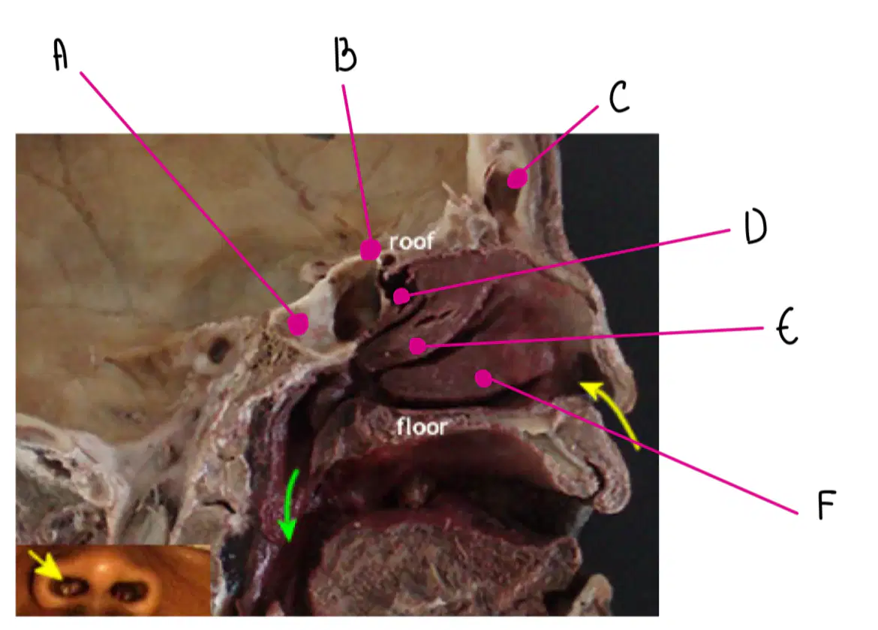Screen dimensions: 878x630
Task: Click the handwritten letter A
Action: pyautogui.click(x=61, y=54)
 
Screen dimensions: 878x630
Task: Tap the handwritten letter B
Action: pyautogui.click(x=345, y=54)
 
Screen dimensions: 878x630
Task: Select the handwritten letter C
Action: pyautogui.click(x=619, y=96)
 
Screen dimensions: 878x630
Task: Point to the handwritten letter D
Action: pyautogui.click(x=756, y=227)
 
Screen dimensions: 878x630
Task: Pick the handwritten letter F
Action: pyautogui.click(x=826, y=505)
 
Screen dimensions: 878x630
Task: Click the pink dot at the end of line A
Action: pyautogui.click(x=298, y=324)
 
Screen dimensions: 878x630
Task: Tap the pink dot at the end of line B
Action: pyautogui.click(x=370, y=249)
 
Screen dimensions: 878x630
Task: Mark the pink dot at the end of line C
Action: pyautogui.click(x=517, y=179)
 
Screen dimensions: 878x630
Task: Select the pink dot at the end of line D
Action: pyautogui.click(x=401, y=296)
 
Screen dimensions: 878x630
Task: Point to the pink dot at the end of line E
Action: pyautogui.click(x=417, y=346)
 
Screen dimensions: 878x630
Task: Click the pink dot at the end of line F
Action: pyautogui.click(x=484, y=378)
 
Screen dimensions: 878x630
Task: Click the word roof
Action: pyautogui.click(x=411, y=242)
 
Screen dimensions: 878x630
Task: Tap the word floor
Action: pyautogui.click(x=422, y=427)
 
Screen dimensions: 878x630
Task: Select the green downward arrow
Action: pyautogui.click(x=290, y=505)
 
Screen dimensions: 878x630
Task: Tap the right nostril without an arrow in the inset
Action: pyautogui.click(x=131, y=589)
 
